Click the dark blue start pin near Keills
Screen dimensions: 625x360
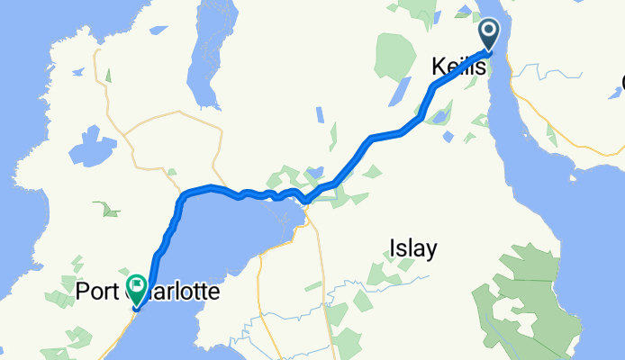coord(490,34)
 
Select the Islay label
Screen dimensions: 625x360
coord(413,248)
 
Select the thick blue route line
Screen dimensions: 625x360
coord(378,137)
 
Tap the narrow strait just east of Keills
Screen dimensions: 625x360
coord(499,108)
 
